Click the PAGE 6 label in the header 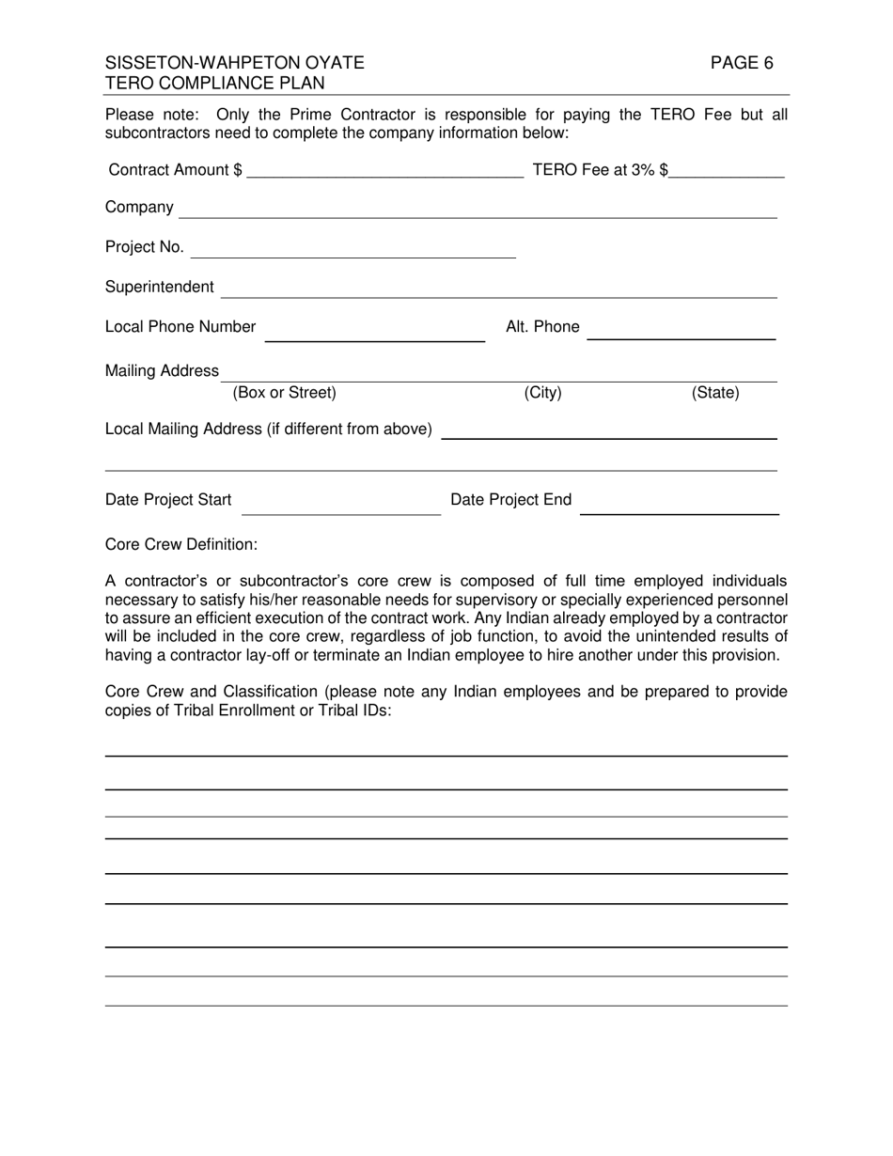741,63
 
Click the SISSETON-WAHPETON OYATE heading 234,63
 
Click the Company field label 139,207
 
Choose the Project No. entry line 353,250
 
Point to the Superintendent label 159,287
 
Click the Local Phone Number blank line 374,333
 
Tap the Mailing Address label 162,371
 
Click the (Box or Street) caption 284,393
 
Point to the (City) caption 542,393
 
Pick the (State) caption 715,393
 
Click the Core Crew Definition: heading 181,544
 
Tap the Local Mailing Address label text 269,430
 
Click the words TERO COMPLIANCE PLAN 215,83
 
